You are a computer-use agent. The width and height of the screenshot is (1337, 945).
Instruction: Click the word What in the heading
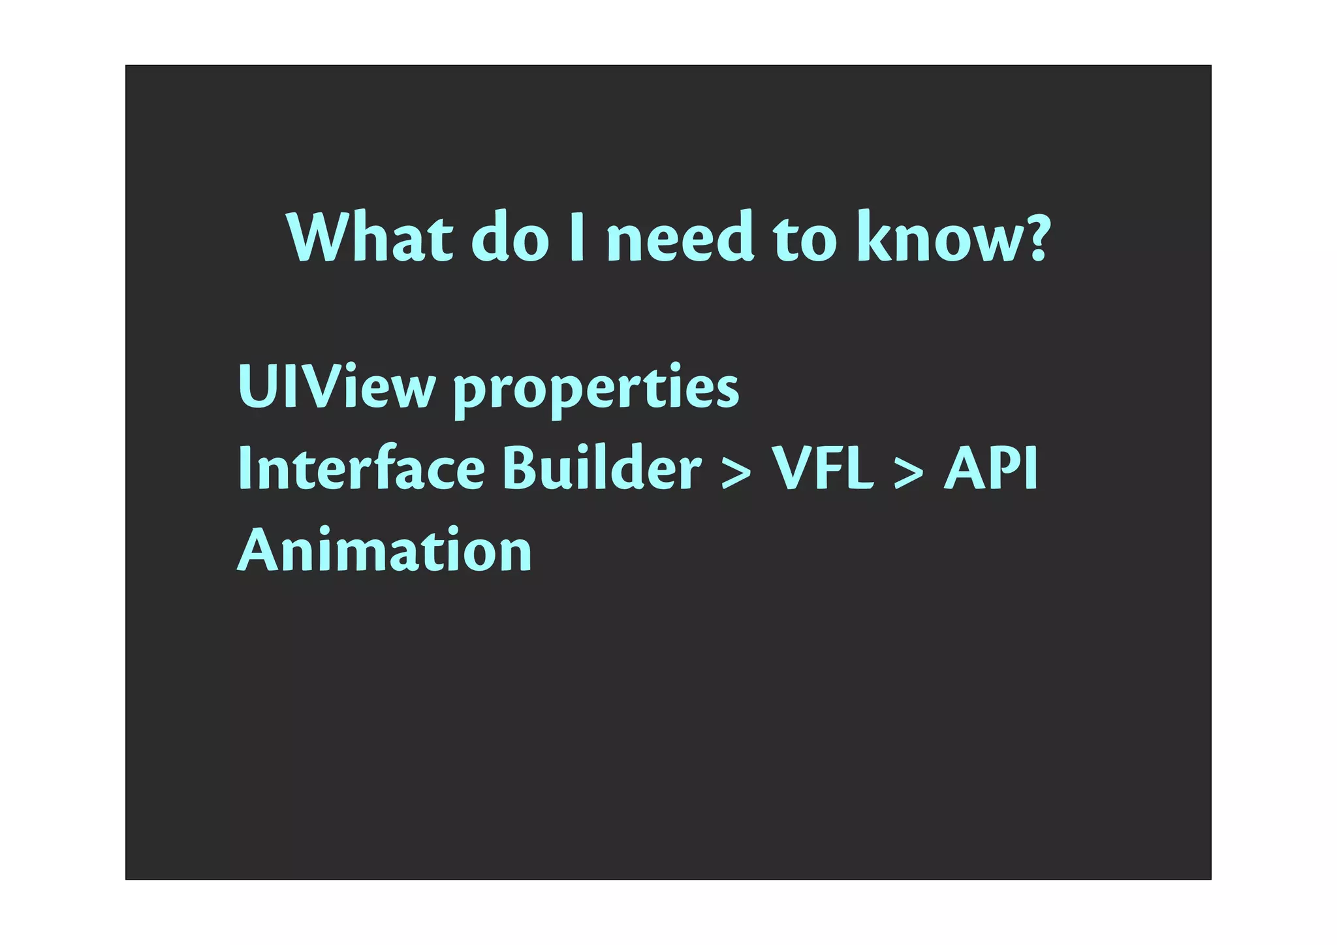click(x=370, y=238)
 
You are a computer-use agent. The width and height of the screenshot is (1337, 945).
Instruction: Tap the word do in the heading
click(x=511, y=238)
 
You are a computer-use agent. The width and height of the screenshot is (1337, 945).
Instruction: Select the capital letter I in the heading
click(x=576, y=238)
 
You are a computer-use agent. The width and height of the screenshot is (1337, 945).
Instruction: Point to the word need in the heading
click(x=680, y=238)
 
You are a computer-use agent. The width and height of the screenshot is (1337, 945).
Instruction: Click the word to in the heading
click(x=804, y=240)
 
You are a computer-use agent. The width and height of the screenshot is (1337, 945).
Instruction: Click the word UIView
click(x=336, y=387)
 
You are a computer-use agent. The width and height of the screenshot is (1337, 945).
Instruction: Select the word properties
click(x=596, y=390)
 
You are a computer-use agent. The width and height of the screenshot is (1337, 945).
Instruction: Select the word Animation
click(x=385, y=550)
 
